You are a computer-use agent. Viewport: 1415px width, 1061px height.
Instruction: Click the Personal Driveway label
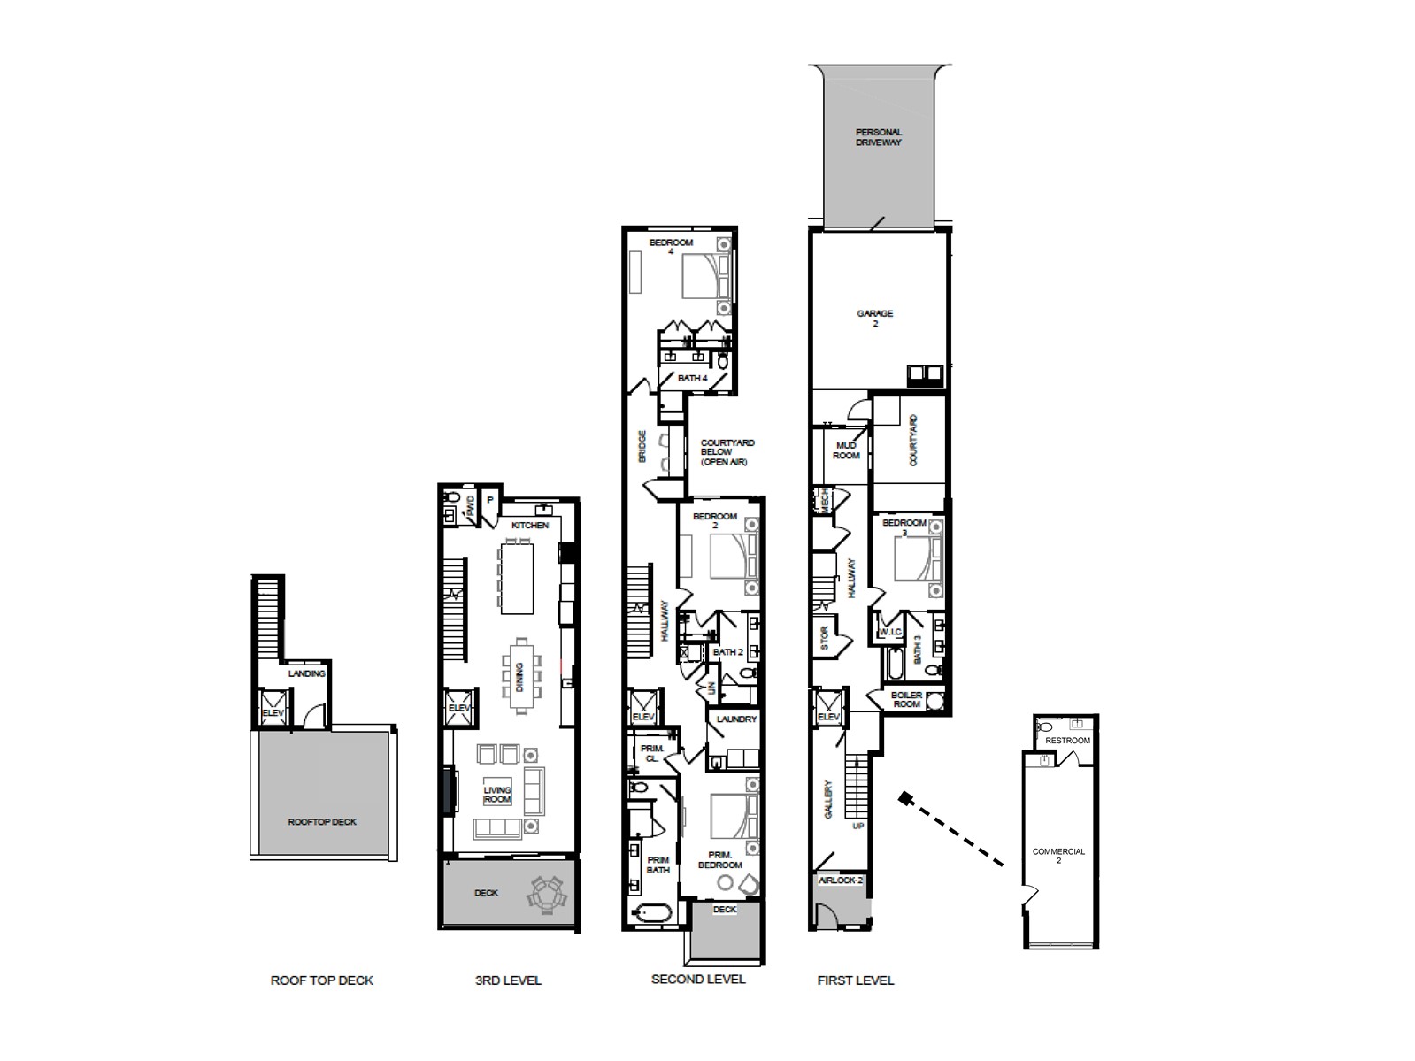pos(878,137)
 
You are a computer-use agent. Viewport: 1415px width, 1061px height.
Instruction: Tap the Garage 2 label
pos(874,319)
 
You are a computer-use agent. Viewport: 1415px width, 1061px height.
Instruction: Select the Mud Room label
pos(846,450)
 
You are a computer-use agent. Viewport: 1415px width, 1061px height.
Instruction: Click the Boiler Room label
pos(906,700)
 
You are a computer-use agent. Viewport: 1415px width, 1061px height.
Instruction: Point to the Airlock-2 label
pos(840,880)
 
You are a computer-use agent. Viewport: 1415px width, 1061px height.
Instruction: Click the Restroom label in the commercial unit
pos(1067,741)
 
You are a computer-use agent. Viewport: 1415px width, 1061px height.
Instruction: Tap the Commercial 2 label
pos(1058,856)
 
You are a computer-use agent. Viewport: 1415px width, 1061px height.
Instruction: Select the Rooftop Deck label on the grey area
pos(322,822)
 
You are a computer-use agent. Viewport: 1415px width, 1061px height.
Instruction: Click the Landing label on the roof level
pos(306,673)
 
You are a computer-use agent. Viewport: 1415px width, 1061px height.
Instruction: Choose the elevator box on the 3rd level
pos(458,708)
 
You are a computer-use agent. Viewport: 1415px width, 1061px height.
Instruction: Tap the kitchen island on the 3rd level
pos(517,578)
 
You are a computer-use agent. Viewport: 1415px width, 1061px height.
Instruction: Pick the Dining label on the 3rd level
pos(519,677)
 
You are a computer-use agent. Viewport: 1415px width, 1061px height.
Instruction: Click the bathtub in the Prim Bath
pos(651,913)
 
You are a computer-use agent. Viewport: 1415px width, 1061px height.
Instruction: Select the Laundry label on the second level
pos(736,719)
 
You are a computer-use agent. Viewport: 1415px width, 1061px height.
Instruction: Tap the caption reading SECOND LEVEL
pos(698,979)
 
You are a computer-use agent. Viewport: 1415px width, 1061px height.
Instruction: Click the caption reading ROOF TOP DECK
pos(321,980)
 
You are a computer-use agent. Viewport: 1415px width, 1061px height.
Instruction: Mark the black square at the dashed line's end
pos(904,798)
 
